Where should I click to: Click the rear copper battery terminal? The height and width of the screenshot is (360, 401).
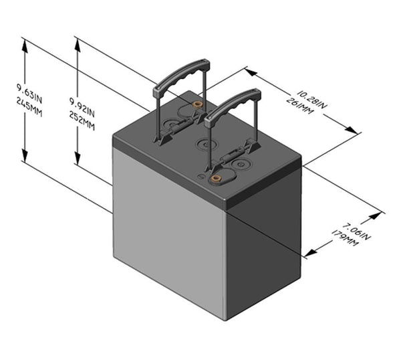(x=197, y=106)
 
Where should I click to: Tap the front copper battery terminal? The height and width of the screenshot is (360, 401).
(x=216, y=179)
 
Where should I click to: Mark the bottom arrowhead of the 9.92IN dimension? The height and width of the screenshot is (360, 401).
(x=78, y=162)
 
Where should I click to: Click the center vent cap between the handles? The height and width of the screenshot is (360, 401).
(x=203, y=143)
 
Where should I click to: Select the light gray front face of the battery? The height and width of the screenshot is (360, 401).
(x=167, y=234)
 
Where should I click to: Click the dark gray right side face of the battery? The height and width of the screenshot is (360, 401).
(x=264, y=248)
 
